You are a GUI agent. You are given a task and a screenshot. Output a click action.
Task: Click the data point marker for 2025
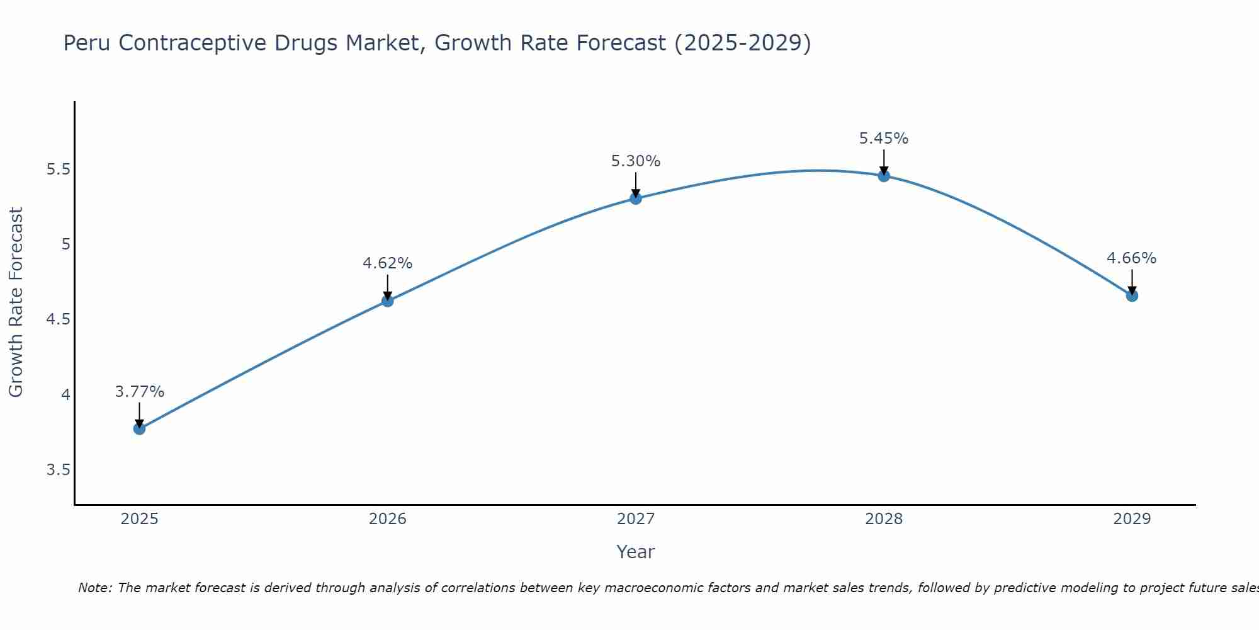(139, 428)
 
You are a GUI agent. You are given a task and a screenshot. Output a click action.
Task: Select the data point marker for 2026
(387, 301)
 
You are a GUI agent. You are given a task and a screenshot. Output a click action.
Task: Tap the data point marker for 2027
(636, 198)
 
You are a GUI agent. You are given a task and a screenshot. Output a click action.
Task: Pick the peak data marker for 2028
(884, 176)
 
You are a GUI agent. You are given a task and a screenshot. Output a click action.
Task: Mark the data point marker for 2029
(1132, 295)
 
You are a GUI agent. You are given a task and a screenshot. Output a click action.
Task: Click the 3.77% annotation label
(139, 392)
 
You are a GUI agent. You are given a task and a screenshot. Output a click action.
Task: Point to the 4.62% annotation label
(387, 263)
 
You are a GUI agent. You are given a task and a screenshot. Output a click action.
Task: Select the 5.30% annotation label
(636, 161)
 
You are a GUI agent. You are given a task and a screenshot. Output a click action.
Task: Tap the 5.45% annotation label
(884, 139)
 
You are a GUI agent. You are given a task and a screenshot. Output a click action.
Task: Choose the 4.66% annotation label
(1132, 258)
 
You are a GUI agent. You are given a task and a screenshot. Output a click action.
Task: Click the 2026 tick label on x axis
(387, 519)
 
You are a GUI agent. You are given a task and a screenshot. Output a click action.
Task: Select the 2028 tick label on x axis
(884, 519)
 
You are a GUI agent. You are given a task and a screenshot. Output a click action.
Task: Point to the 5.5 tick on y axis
(59, 169)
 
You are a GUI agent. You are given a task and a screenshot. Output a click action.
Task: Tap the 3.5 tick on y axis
(59, 470)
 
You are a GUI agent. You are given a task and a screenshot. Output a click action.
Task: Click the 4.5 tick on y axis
(59, 319)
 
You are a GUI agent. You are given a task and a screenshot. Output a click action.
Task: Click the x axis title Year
(636, 552)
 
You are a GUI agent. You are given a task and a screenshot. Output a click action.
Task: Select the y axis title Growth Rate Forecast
(16, 302)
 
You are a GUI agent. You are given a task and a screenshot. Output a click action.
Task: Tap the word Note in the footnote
(94, 588)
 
